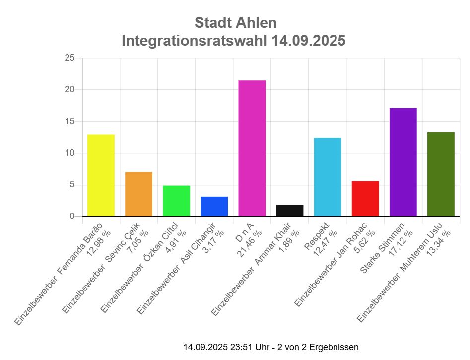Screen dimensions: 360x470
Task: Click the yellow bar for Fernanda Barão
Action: point(101,175)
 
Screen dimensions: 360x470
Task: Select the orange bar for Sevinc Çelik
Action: point(138,194)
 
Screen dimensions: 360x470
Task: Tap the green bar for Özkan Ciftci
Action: point(176,201)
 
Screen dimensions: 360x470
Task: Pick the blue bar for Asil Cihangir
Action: point(214,207)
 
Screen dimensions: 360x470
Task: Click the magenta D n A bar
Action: point(252,148)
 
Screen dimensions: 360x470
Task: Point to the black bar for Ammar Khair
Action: point(289,211)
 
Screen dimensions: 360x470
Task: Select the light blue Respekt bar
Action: point(327,177)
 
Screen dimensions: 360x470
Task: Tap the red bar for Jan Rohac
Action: point(365,199)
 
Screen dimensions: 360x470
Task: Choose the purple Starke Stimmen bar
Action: point(403,162)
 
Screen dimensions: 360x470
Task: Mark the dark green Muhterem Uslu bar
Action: point(441,174)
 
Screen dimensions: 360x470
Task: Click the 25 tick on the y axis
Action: point(69,58)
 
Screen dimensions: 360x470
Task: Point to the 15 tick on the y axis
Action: point(69,122)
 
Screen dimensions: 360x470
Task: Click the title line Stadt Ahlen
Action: point(235,23)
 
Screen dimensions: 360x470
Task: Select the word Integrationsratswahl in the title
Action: point(195,41)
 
